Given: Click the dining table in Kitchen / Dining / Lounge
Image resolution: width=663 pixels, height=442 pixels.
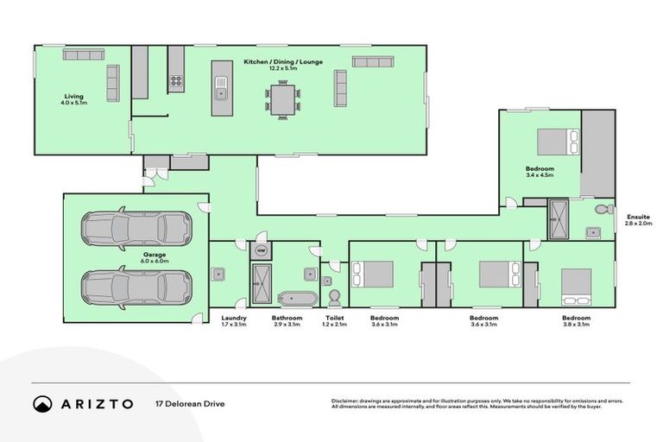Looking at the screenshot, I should click(x=283, y=99).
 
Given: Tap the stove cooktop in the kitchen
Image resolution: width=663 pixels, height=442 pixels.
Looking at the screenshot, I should click(x=175, y=83).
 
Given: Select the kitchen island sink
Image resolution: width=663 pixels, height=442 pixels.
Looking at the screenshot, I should click(x=221, y=92).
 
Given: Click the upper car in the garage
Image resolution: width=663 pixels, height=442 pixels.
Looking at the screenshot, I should click(x=136, y=228).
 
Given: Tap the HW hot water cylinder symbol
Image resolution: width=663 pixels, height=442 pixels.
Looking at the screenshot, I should click(x=260, y=251).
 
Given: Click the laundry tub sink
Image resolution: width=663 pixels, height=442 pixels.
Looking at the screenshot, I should click(x=220, y=275).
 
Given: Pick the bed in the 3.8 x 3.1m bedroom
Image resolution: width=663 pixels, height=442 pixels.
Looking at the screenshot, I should click(x=576, y=286).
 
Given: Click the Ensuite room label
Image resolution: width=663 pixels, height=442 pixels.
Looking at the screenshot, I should click(x=635, y=218).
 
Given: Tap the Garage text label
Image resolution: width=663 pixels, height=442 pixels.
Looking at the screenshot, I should click(x=130, y=255).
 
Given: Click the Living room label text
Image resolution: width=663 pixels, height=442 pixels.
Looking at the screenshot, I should click(x=74, y=96).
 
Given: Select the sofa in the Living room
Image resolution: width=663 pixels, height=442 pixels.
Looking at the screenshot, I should click(x=112, y=83).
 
